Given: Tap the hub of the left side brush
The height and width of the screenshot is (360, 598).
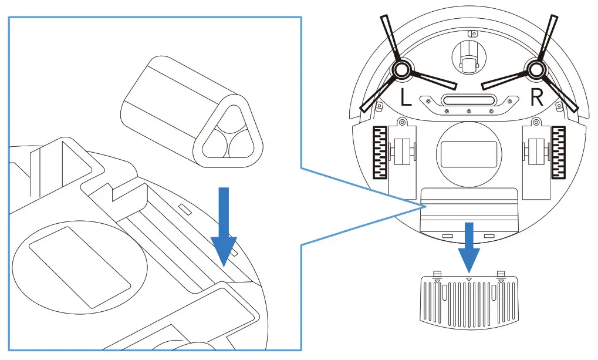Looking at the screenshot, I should tap(402, 70).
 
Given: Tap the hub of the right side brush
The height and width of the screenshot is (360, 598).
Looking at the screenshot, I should tap(535, 70).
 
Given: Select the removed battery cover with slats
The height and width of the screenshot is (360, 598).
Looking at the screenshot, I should tap(468, 300).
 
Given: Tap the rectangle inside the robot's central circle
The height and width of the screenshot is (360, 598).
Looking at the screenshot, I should tap(468, 152).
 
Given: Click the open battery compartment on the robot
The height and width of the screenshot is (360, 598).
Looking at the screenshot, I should tap(469, 208).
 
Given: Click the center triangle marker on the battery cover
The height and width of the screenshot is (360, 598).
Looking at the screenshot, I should tap(468, 279).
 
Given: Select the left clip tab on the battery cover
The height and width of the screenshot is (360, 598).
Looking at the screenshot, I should tap(437, 275).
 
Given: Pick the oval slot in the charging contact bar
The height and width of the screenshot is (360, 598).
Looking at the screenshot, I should tap(468, 100).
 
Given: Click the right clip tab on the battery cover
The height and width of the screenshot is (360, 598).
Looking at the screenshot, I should tap(501, 275).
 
